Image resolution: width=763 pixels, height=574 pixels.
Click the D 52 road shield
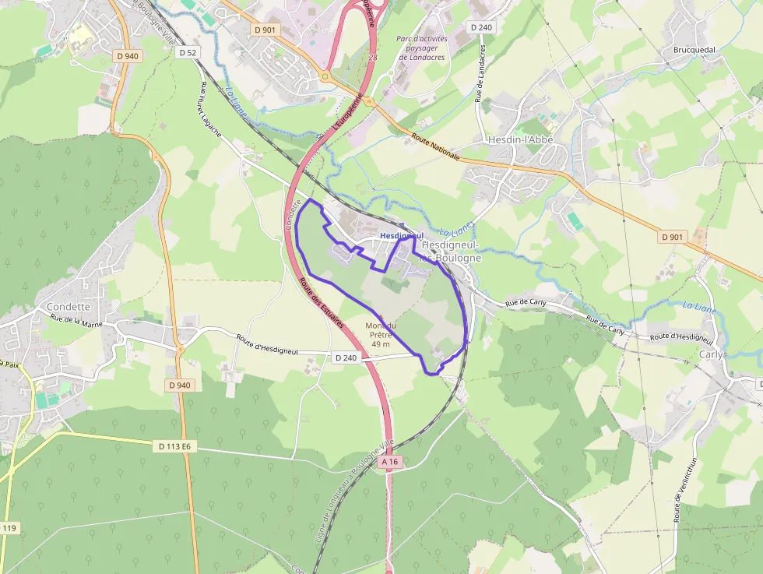pyautogui.click(x=187, y=53)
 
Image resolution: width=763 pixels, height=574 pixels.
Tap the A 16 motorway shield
pyautogui.click(x=390, y=462)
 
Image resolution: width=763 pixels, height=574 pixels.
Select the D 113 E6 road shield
pyautogui.click(x=174, y=446)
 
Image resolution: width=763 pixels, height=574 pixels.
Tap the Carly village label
pyautogui.click(x=712, y=354)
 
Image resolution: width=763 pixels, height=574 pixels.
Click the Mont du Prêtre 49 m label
pyautogui.click(x=381, y=335)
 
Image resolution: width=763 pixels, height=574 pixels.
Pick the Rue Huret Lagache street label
pyautogui.click(x=211, y=109)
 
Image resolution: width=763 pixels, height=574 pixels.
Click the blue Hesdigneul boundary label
pyautogui.click(x=402, y=235)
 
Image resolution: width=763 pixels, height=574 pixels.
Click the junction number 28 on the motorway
pyautogui.click(x=373, y=58)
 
